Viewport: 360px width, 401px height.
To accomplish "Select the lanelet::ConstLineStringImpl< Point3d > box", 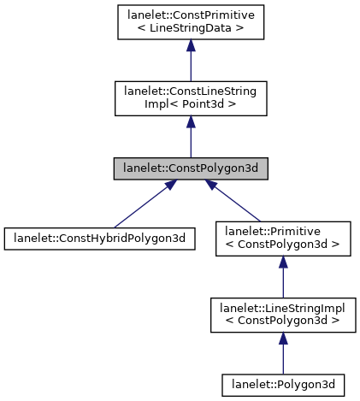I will coord(191,98).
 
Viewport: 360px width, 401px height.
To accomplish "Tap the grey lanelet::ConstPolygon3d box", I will coord(191,168).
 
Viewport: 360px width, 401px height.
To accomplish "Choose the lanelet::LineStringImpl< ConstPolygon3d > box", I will coord(282,311).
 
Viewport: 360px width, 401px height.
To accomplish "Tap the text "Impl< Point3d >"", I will coord(191,105).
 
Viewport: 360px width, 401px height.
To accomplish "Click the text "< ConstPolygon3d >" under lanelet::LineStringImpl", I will coord(282,318).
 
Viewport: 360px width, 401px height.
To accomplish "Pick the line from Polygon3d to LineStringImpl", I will coord(282,359).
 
